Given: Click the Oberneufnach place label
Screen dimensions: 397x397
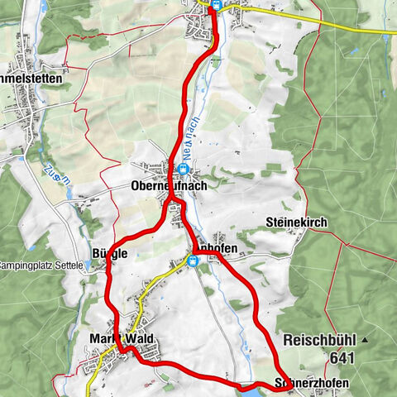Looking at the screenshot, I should [168, 187].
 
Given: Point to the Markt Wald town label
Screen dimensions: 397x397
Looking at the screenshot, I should [117, 339].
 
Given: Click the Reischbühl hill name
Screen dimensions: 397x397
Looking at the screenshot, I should [318, 341].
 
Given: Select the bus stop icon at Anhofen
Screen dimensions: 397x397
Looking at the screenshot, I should [193, 261].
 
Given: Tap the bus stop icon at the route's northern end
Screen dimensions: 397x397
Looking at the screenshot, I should [215, 4].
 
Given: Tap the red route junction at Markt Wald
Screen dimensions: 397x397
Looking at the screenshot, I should [124, 351].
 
